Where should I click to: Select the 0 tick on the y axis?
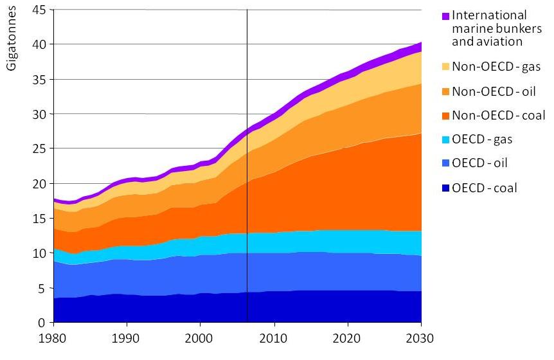click(42, 323)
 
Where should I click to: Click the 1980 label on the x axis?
click(53, 338)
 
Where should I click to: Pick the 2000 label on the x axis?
click(200, 338)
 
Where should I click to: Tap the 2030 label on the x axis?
click(421, 338)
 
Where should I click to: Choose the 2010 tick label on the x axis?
click(274, 338)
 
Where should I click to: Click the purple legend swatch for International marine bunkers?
click(445, 16)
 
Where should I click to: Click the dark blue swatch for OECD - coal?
click(445, 188)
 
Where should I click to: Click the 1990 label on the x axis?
click(127, 338)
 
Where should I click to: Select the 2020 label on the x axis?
click(348, 338)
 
